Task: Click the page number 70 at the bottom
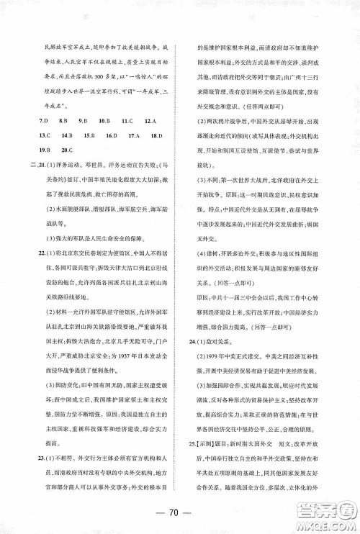[x=180, y=514]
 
